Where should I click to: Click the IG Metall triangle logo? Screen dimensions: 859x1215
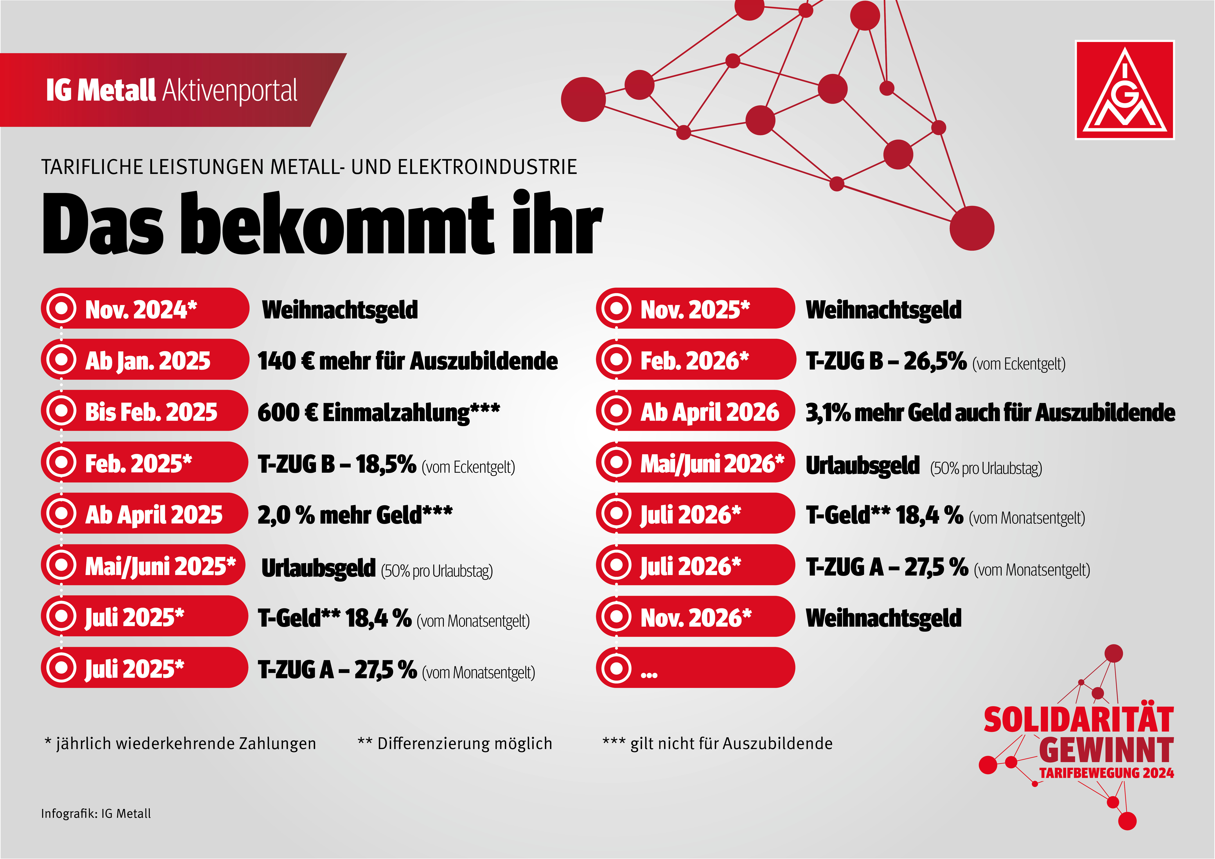1124,90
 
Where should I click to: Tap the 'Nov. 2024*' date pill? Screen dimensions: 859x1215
144,309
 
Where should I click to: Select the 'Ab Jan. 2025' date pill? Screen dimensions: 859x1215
144,360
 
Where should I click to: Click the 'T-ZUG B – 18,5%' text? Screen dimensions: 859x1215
337,464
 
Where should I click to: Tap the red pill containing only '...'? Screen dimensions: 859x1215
695,668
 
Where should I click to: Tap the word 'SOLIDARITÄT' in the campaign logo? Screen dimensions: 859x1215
1079,720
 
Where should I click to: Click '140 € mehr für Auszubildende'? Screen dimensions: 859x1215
407,361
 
